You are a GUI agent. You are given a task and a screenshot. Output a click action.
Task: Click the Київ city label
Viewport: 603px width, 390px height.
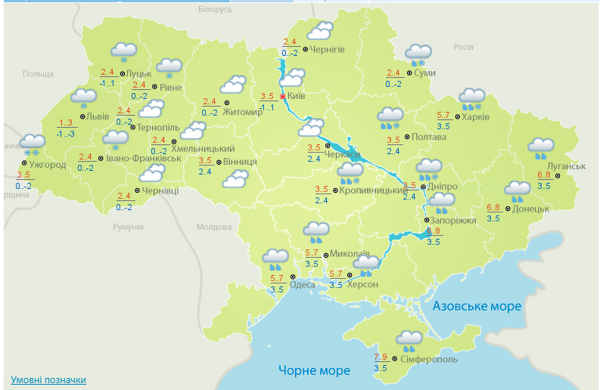pos(296,96)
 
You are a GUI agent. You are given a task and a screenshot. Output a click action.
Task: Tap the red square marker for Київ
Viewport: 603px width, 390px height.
pos(283,97)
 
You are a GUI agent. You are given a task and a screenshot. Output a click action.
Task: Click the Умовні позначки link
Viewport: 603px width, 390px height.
pos(48,379)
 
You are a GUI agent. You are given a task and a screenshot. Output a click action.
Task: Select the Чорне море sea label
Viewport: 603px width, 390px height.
pos(314,370)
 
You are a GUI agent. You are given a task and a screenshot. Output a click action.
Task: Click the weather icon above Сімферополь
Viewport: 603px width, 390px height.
pos(410,339)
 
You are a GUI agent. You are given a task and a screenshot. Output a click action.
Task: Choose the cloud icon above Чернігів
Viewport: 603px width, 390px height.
pos(320,31)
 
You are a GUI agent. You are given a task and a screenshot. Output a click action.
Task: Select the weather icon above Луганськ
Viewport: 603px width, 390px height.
pos(540,147)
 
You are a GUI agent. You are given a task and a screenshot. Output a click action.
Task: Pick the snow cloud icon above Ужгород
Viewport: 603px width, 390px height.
pos(33,143)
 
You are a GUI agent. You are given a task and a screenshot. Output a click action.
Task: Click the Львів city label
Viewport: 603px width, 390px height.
pos(98,116)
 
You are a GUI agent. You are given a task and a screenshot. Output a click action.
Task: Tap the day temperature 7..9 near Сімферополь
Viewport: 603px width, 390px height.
pos(381,357)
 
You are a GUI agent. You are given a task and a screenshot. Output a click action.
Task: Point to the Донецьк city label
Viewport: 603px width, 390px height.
pos(530,208)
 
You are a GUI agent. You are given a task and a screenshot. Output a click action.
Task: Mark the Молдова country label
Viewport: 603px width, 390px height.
pos(213,227)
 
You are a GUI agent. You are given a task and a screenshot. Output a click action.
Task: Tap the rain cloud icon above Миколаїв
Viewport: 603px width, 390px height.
pos(315,231)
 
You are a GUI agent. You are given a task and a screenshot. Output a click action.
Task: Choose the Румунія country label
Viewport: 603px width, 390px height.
pos(128,227)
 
